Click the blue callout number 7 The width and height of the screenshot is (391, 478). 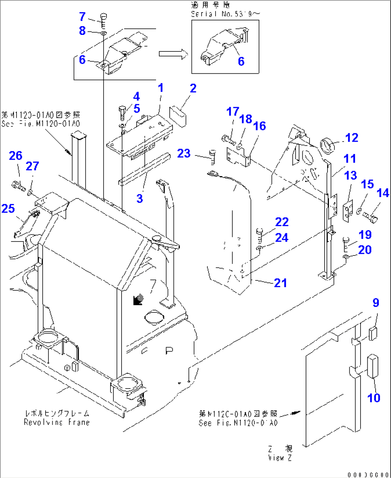click(83, 17)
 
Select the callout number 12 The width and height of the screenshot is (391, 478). click(352, 138)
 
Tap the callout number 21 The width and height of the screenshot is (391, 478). click(280, 283)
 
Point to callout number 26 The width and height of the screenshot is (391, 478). click(15, 156)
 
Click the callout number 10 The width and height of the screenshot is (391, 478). click(373, 397)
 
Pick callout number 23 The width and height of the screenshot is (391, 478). click(184, 153)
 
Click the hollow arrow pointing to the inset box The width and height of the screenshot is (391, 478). click(173, 54)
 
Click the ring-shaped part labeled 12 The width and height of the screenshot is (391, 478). click(327, 146)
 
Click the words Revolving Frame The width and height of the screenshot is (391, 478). click(57, 422)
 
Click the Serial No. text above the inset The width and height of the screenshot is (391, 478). click(225, 14)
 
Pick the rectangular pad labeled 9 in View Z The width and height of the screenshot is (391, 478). click(373, 333)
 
